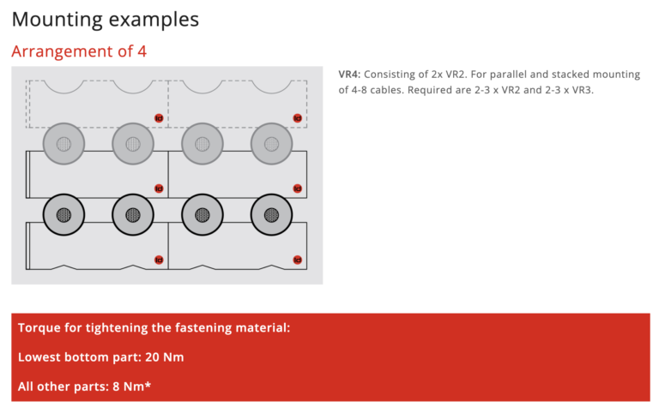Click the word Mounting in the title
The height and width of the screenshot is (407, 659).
tap(57, 20)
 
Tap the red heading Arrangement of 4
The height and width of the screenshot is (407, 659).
tap(79, 51)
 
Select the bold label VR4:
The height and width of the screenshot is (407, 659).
tap(350, 75)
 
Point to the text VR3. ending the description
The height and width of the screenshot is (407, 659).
tap(583, 90)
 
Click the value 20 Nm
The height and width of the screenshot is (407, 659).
tap(165, 357)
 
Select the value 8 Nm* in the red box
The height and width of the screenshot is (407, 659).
tap(131, 386)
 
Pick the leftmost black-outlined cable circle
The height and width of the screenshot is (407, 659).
tap(63, 215)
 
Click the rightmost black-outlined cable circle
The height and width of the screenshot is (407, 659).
tap(271, 215)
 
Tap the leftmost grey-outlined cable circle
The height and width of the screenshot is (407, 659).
tap(63, 144)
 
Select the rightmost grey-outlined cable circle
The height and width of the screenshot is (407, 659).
tap(271, 144)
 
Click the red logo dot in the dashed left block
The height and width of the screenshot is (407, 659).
tap(159, 118)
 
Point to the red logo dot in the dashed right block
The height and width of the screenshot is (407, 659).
tap(298, 118)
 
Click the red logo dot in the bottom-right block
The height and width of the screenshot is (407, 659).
tap(298, 260)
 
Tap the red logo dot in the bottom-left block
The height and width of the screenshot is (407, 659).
tap(159, 260)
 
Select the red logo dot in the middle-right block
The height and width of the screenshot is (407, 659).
tap(298, 189)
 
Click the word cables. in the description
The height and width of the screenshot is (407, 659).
tap(384, 90)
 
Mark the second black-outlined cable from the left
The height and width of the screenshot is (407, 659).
tap(133, 215)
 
